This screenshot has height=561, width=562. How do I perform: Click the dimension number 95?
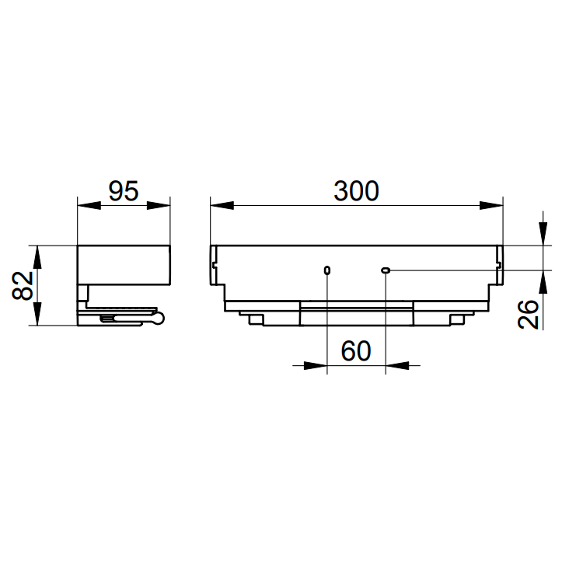pos(124,191)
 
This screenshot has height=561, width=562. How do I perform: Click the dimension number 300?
pos(356,191)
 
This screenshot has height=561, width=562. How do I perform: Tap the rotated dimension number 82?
pos(23,285)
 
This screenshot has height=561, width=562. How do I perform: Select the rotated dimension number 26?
pos(528,314)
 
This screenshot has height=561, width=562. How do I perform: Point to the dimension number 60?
pos(355,351)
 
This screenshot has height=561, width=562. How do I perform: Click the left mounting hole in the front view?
pos(327,270)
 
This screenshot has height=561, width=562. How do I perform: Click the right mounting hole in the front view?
pos(386,270)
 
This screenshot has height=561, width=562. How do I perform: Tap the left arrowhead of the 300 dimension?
pos(222,206)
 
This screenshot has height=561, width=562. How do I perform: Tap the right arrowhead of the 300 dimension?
pos(491,206)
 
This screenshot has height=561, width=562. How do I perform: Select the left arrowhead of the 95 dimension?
pos(89,206)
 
